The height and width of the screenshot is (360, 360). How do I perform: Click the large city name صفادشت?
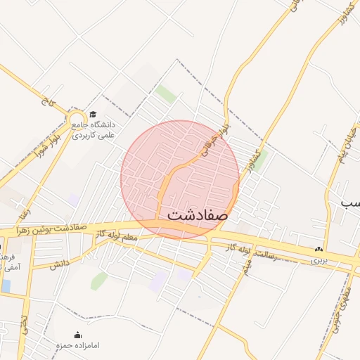point(198,215)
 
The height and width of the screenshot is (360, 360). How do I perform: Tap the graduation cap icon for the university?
point(93,114)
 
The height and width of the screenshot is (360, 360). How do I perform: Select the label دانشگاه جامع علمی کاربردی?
point(96,129)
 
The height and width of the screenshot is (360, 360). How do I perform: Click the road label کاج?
point(47,103)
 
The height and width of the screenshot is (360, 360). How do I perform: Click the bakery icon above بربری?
point(320,249)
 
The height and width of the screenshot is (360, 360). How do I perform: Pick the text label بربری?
point(320,259)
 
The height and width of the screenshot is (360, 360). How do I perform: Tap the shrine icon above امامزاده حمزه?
point(78,335)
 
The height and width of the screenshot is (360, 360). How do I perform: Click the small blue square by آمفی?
point(6,285)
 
